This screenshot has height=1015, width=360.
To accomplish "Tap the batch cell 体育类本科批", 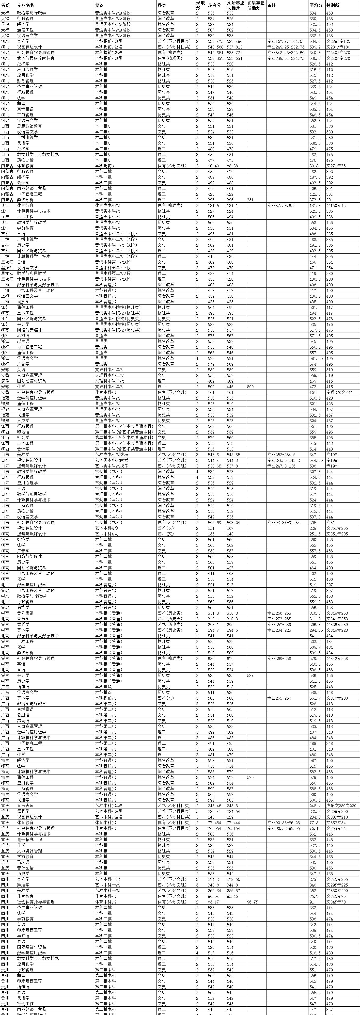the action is click(x=108, y=206).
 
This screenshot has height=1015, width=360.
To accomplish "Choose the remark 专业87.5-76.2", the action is click(x=281, y=206).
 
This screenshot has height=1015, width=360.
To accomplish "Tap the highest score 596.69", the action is click(x=214, y=522).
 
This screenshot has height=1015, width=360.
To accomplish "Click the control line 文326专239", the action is click(x=337, y=625).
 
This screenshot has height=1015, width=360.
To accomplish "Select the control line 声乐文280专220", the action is click(x=341, y=806).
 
